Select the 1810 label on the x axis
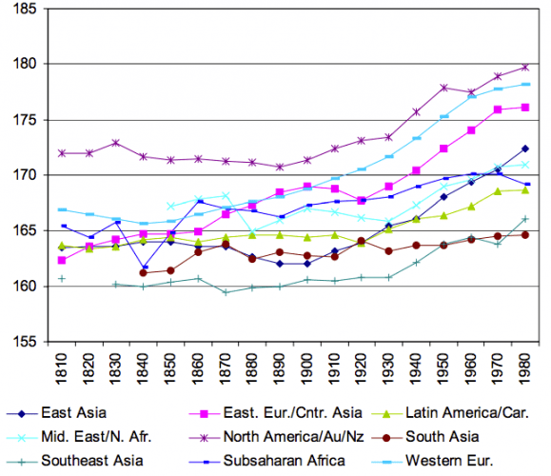(x=62, y=367)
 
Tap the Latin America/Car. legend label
(x=462, y=413)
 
